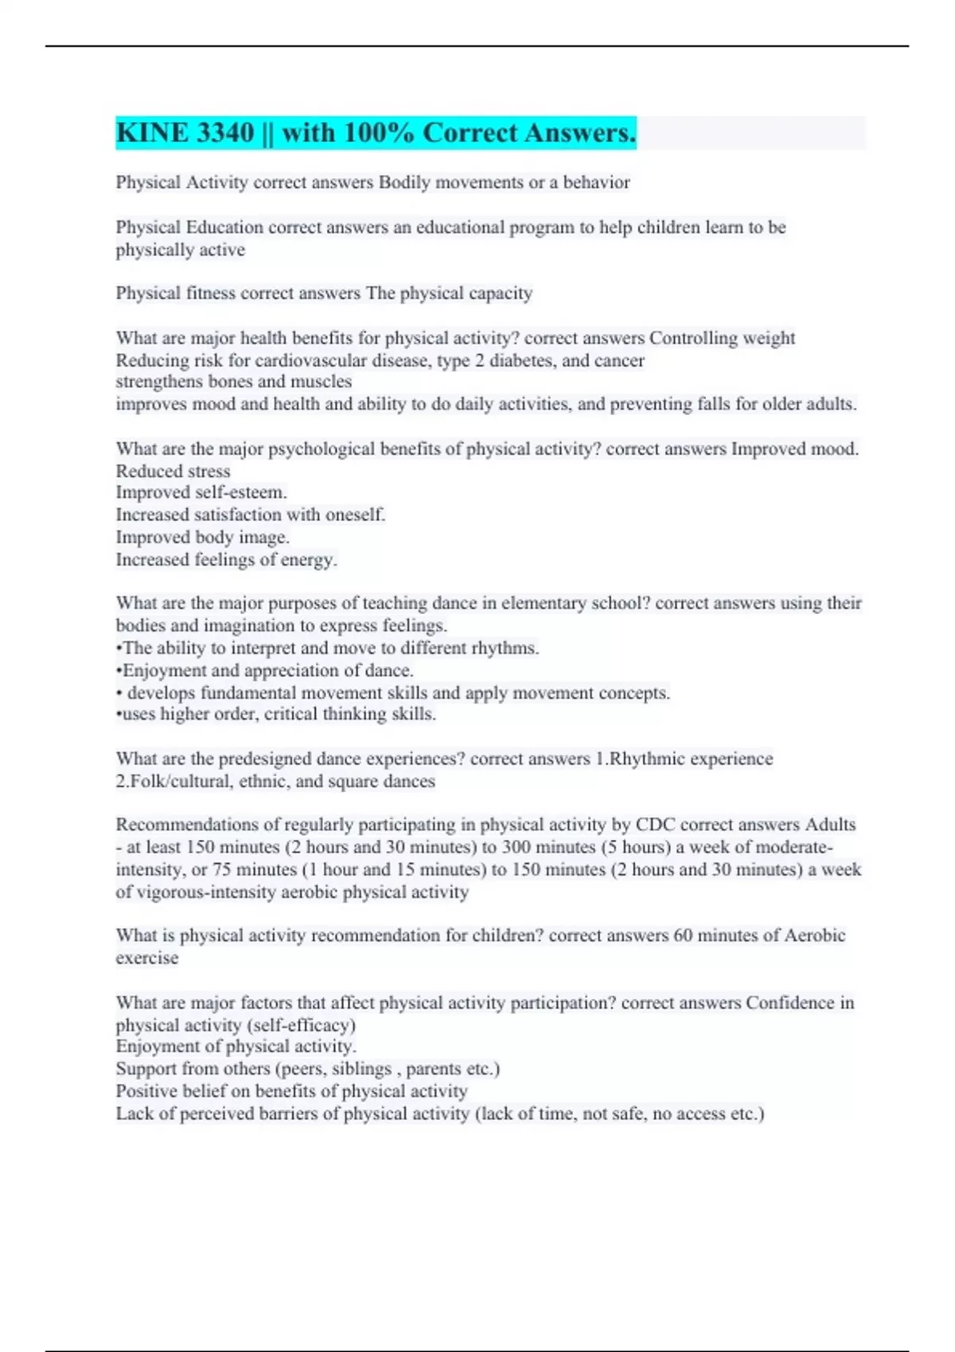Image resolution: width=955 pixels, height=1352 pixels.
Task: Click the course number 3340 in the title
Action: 225,133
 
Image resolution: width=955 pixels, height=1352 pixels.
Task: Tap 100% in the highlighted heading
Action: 379,133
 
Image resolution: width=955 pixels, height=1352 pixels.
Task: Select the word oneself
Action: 353,515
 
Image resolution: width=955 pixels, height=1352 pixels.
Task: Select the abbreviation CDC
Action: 655,825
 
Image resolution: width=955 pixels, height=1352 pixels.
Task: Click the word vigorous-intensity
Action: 212,892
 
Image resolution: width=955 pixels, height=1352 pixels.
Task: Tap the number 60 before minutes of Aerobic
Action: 683,935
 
